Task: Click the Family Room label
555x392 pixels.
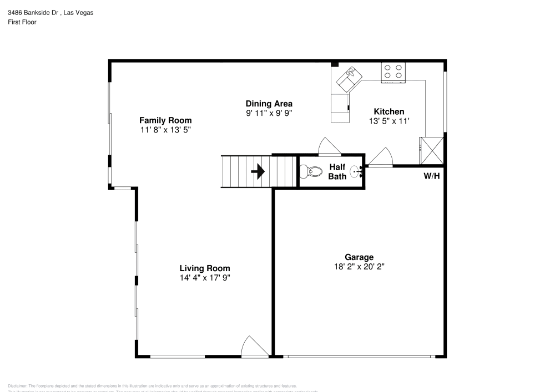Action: point(165,120)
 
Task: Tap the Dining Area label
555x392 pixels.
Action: point(269,104)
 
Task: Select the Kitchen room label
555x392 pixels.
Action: point(389,111)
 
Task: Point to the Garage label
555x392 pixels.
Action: point(359,257)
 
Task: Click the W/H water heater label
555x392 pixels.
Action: point(432,176)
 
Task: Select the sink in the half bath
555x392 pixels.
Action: point(356,172)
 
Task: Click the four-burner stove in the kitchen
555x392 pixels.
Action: point(393,72)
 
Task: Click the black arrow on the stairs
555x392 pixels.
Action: point(258,171)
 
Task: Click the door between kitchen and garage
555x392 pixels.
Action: point(381,157)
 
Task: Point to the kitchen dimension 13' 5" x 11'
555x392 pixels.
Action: point(389,121)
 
